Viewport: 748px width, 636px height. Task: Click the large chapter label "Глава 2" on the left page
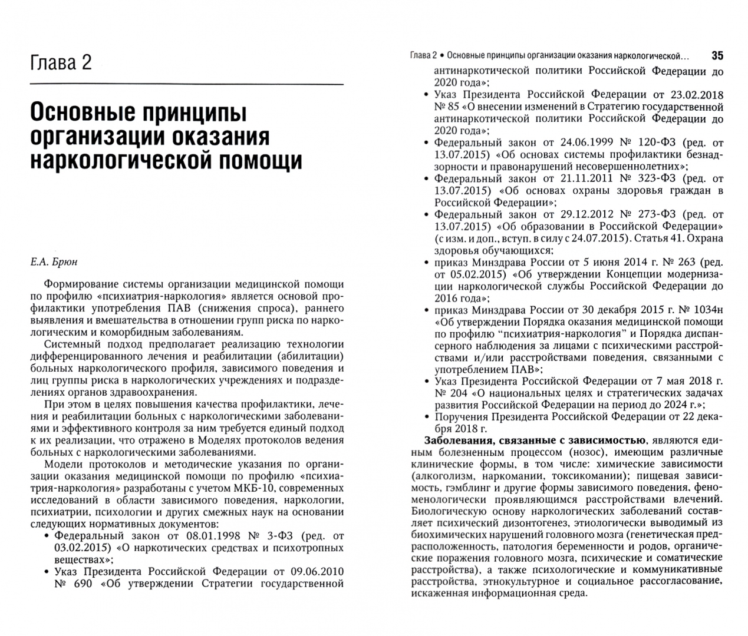pos(61,61)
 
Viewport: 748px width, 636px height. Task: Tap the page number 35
pos(717,56)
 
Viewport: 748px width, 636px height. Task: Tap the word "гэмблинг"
pos(466,488)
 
